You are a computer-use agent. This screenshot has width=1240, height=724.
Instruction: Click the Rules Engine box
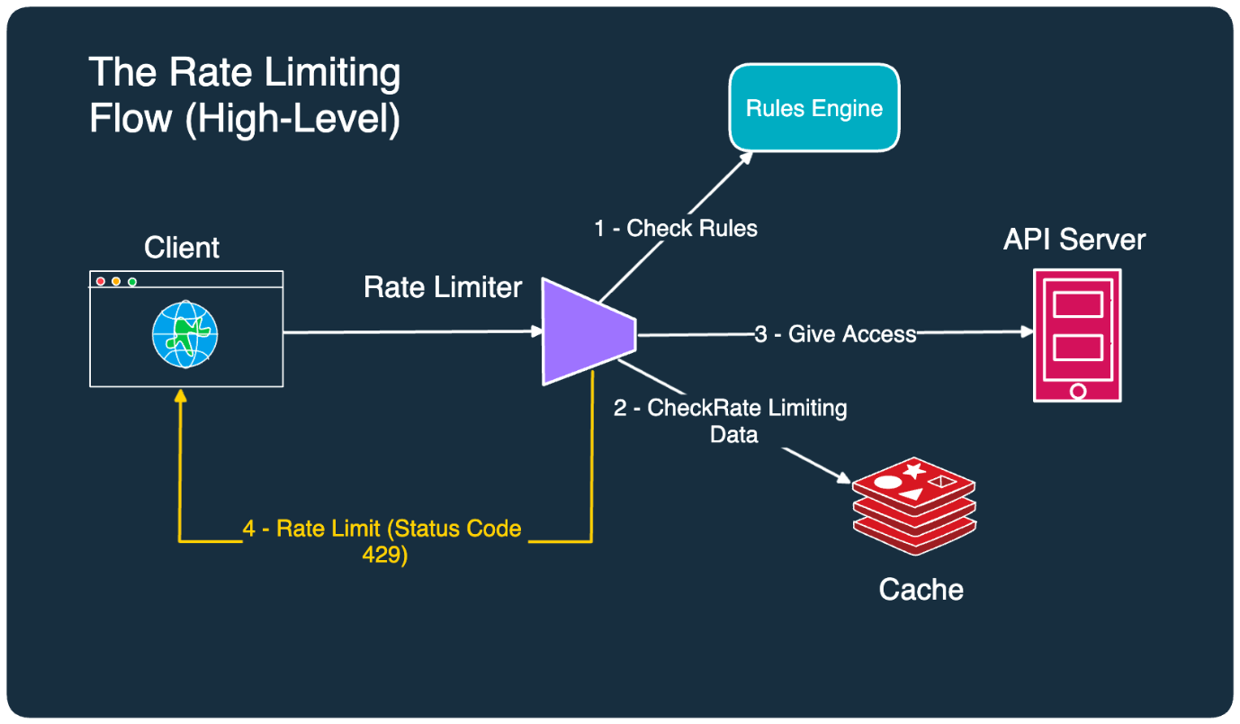(x=813, y=107)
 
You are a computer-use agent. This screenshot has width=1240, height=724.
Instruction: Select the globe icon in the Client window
(x=184, y=335)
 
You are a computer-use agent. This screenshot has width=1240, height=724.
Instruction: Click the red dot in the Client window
(x=101, y=281)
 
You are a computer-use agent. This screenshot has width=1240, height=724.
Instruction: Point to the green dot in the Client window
(x=132, y=282)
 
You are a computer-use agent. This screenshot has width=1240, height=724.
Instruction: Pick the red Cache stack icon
(x=914, y=506)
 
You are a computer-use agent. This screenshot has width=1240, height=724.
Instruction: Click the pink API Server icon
(x=1077, y=335)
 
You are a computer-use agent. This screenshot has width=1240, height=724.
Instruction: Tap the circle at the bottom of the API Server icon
(x=1078, y=391)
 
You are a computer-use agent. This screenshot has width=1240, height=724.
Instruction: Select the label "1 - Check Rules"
(x=676, y=228)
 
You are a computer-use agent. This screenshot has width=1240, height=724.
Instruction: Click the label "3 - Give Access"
(x=835, y=334)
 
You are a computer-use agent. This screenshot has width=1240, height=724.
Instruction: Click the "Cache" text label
(x=921, y=590)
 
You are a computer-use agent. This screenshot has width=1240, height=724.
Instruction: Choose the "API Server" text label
(x=1074, y=240)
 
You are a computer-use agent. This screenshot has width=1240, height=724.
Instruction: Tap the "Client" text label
(x=182, y=247)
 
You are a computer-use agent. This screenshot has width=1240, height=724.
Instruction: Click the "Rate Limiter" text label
(x=443, y=287)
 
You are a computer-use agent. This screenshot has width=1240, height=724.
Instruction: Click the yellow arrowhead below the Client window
(x=180, y=395)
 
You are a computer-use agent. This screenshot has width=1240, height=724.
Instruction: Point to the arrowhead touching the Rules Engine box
(x=746, y=158)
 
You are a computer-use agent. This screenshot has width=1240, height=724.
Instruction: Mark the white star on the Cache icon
(x=914, y=470)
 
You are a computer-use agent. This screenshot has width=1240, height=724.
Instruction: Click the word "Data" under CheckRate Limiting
(x=734, y=434)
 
